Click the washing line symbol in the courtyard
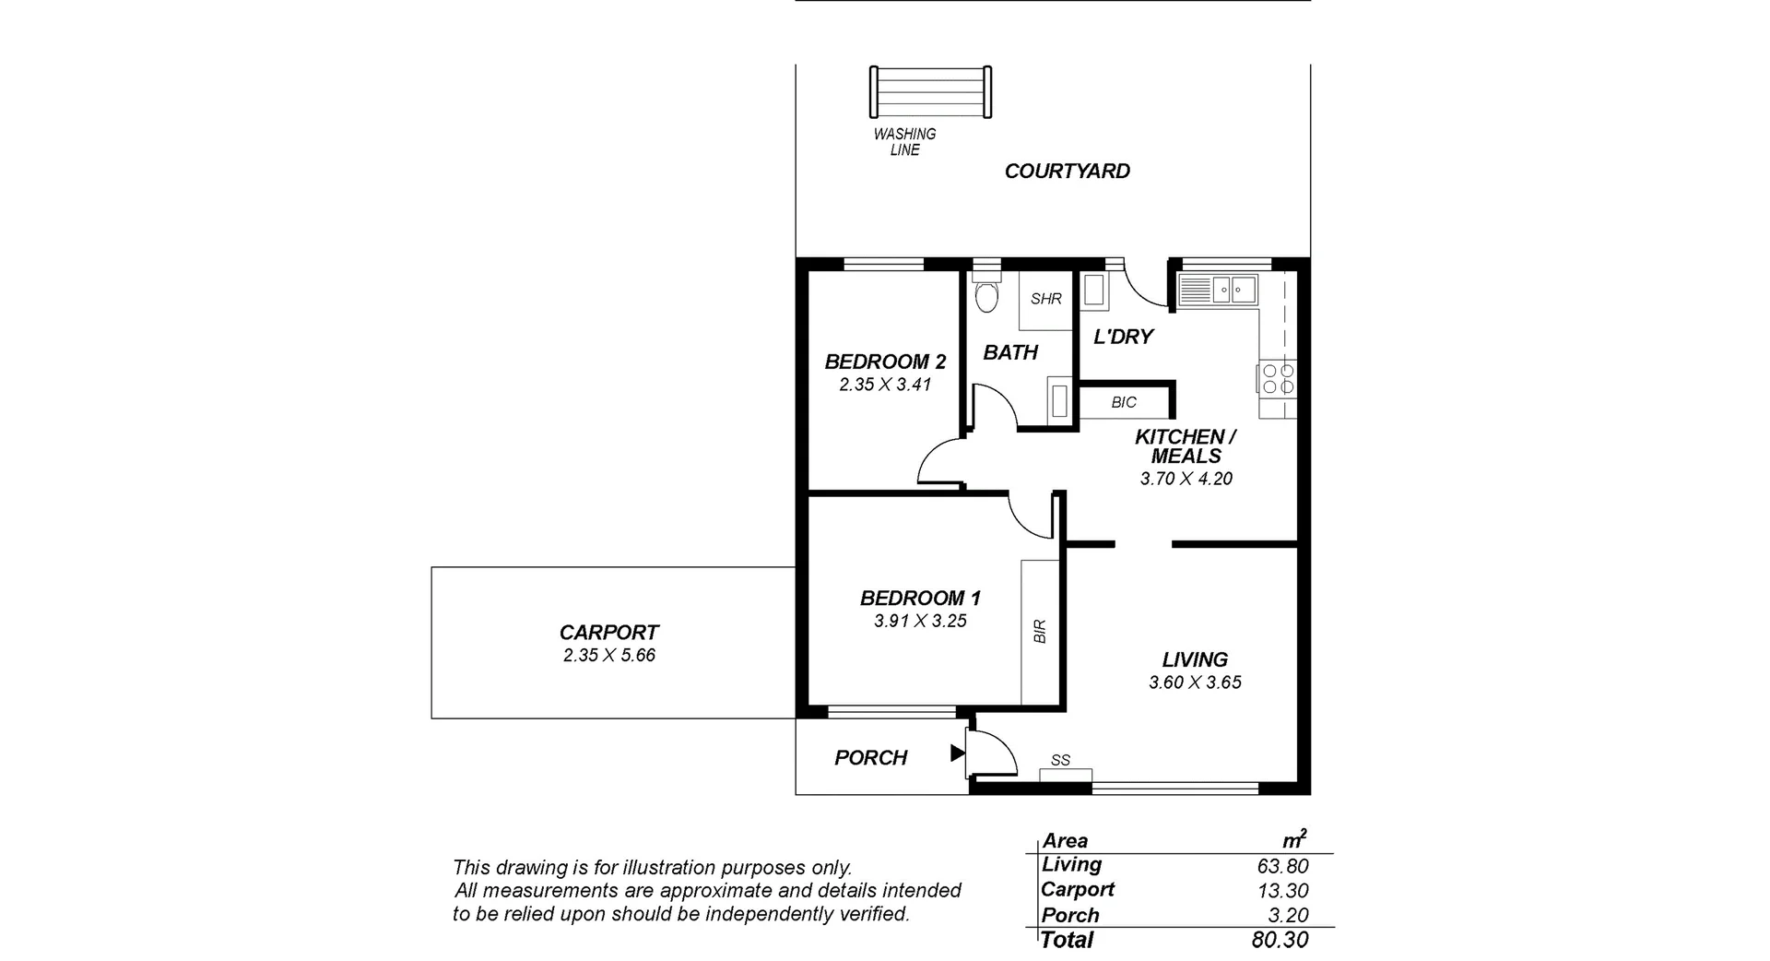(x=931, y=92)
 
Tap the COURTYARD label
(x=1067, y=172)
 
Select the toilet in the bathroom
(x=986, y=295)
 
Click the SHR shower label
(x=1046, y=299)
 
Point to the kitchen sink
(x=1232, y=291)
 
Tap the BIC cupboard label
(x=1124, y=403)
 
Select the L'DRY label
(x=1123, y=338)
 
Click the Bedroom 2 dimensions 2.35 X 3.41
(x=885, y=386)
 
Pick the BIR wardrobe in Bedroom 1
(x=1040, y=632)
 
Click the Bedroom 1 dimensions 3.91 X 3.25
(x=920, y=622)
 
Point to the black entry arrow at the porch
(x=957, y=754)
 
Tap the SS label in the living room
(x=1060, y=761)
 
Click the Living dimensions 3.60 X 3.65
(x=1195, y=683)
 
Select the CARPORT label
(x=608, y=633)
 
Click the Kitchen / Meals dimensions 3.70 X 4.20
(x=1186, y=479)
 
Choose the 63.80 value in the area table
(x=1282, y=866)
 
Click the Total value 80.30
(x=1280, y=940)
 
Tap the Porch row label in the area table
(x=1070, y=916)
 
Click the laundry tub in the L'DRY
(x=1094, y=291)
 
